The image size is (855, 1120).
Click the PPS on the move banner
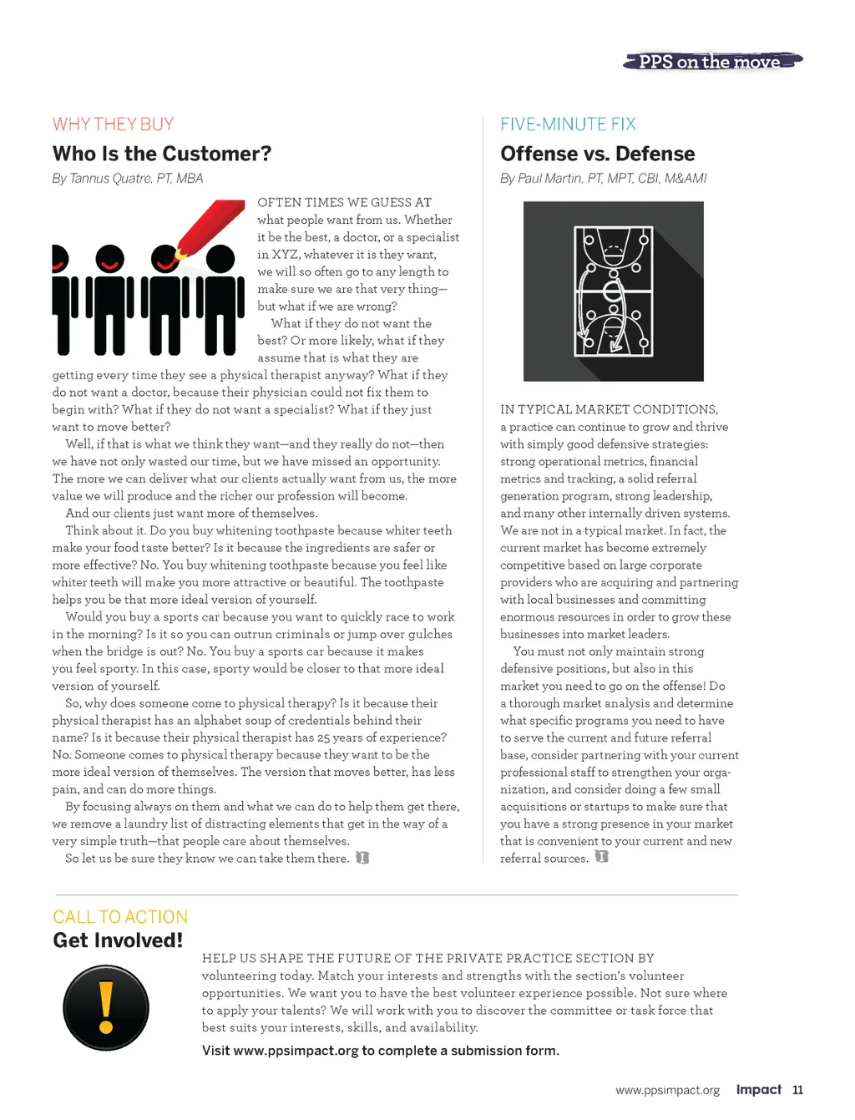(712, 62)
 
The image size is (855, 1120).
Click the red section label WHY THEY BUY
(113, 124)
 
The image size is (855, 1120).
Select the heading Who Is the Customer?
(162, 154)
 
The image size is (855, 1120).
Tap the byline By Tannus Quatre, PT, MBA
(128, 178)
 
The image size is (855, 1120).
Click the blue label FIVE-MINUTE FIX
(568, 124)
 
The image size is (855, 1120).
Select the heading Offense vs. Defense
(597, 154)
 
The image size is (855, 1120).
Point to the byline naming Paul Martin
(603, 178)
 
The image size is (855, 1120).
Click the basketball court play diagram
(613, 291)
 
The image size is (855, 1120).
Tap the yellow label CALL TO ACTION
(120, 917)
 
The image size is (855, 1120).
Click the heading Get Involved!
(118, 940)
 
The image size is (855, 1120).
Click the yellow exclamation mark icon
(106, 1007)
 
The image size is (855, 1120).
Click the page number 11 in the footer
(797, 1090)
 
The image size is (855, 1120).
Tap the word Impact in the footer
(758, 1089)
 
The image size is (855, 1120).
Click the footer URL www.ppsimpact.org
(667, 1091)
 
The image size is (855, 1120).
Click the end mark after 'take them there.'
(362, 858)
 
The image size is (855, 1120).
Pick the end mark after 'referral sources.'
(601, 857)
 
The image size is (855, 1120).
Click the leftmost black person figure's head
(58, 258)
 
